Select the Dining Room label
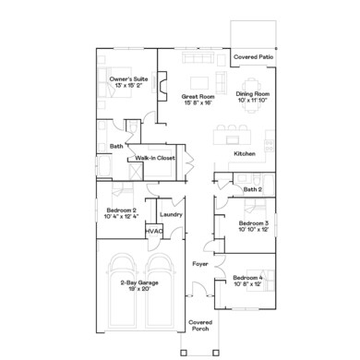252,93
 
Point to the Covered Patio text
253,56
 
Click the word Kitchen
244,153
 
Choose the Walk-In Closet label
155,159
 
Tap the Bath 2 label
254,189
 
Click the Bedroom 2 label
121,211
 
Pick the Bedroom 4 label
249,278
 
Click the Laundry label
171,215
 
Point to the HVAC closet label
154,231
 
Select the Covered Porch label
200,326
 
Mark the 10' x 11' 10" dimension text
252,100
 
